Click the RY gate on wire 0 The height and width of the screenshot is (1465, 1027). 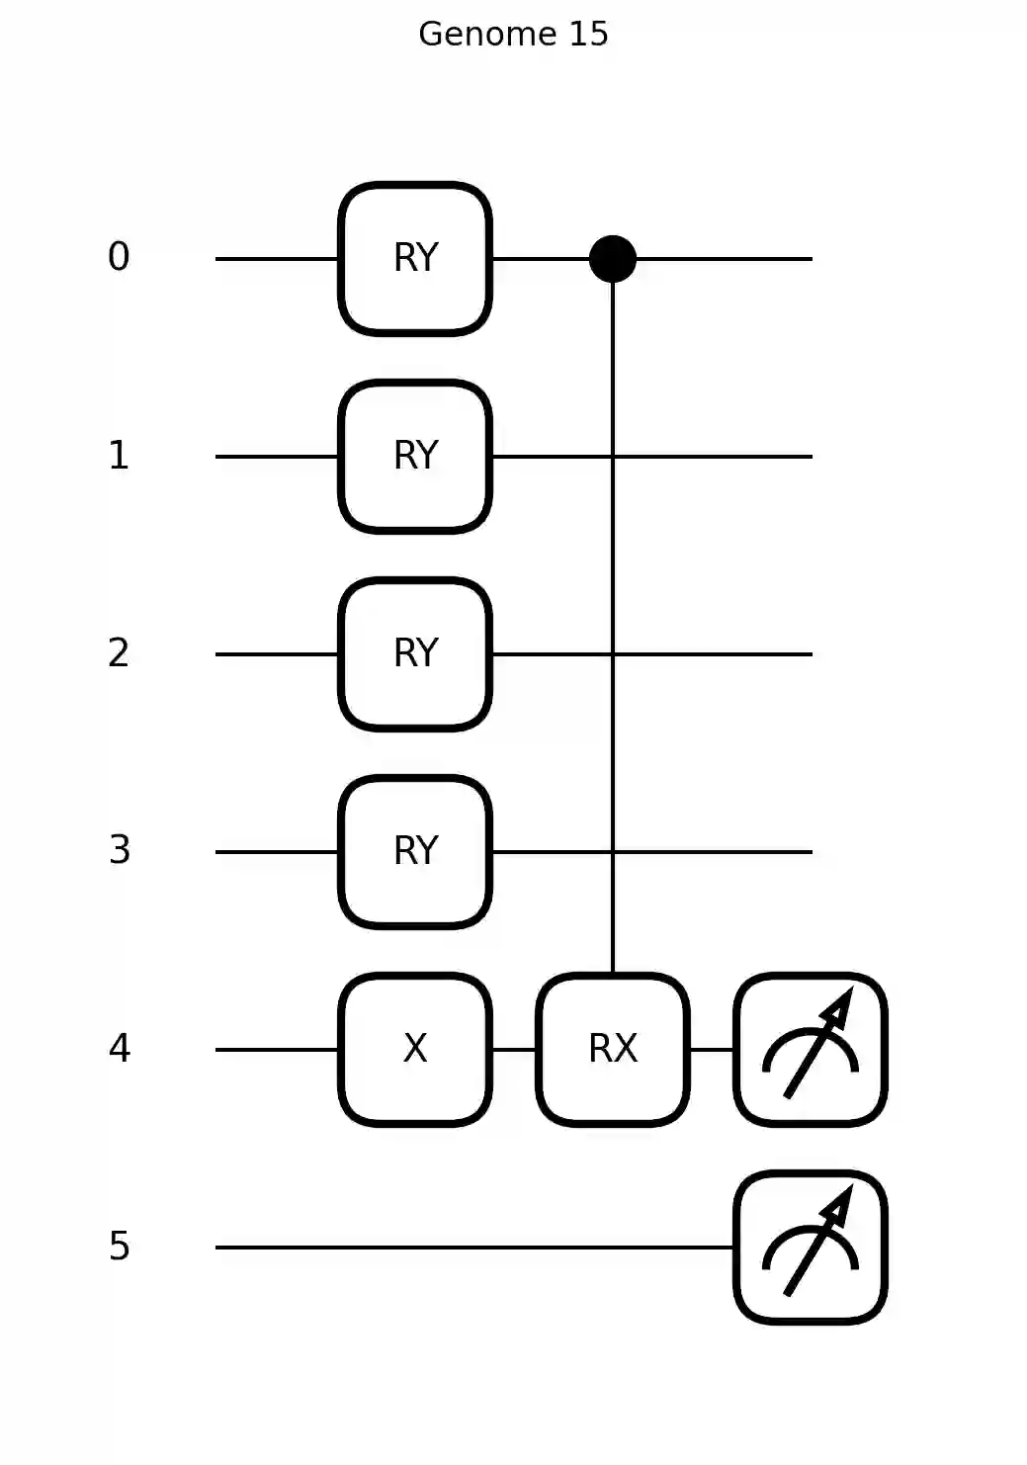[415, 259]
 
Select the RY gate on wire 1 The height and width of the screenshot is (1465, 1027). [415, 457]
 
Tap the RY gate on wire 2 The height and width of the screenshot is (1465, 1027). [415, 654]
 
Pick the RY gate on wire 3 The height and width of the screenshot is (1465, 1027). [415, 852]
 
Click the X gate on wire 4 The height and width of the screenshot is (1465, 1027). [415, 1050]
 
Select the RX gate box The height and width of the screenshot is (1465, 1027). [613, 1050]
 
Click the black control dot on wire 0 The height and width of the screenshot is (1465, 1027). [613, 259]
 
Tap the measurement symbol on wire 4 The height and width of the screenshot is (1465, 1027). [811, 1050]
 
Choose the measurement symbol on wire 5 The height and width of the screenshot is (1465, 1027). [811, 1248]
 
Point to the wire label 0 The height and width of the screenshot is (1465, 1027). [119, 258]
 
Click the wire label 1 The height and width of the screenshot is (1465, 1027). [119, 456]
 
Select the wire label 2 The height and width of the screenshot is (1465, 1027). [119, 653]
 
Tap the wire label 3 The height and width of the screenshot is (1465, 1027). [119, 851]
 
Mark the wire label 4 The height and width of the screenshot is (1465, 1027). [119, 1049]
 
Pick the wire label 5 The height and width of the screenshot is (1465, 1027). [119, 1247]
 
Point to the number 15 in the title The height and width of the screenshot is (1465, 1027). [587, 35]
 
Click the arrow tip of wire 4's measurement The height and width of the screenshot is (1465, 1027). [847, 991]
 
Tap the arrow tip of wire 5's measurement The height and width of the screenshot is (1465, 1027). [847, 1189]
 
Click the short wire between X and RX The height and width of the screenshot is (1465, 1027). [514, 1050]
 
